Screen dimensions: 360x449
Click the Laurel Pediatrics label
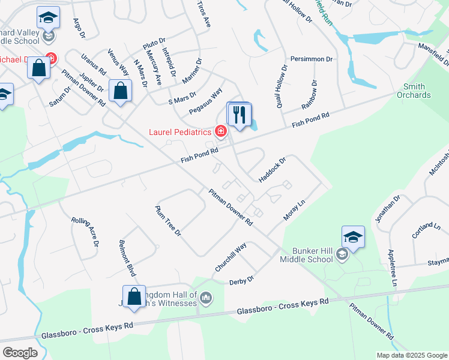coord(181,131)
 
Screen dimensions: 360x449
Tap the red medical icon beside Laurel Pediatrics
coord(221,131)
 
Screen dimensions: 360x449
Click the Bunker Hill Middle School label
coord(306,255)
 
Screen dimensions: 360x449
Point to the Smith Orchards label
coord(414,91)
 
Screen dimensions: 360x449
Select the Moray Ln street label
coord(295,211)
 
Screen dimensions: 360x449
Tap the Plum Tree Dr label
coord(168,221)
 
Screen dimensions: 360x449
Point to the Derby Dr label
coord(242,280)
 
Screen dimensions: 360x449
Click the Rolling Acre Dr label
coord(85,232)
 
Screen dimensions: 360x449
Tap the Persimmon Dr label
coord(312,59)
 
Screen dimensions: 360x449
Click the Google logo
coord(20,353)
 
